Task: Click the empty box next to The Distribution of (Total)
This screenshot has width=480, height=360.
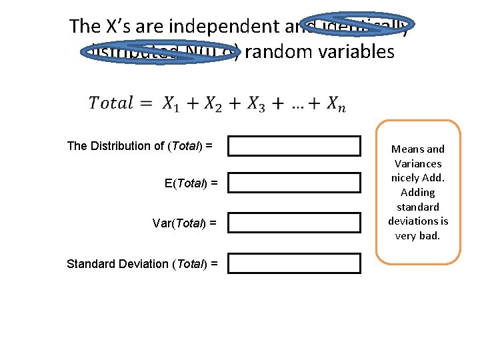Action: click(x=294, y=146)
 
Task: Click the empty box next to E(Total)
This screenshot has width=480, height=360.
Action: click(x=294, y=183)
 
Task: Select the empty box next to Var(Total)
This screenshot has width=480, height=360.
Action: click(x=294, y=223)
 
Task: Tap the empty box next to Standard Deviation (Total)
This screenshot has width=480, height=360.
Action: click(x=294, y=263)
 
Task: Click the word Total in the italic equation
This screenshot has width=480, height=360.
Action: click(x=111, y=103)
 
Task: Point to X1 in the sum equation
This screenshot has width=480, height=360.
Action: click(x=171, y=104)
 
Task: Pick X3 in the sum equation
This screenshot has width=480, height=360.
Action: click(x=255, y=104)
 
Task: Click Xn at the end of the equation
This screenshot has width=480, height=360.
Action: click(x=335, y=104)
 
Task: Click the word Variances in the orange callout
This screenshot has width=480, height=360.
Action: click(x=418, y=164)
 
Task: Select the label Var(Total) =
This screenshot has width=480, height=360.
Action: click(x=184, y=223)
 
